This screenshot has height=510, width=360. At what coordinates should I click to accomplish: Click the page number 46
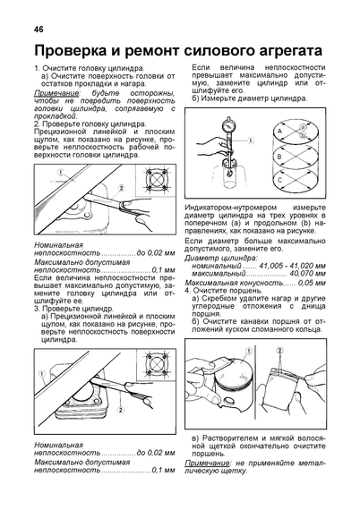tap(39, 30)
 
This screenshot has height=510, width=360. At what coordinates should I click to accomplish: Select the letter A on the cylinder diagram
tap(279, 132)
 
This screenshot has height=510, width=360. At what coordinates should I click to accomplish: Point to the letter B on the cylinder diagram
tap(279, 157)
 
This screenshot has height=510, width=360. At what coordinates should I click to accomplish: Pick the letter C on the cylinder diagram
tap(279, 180)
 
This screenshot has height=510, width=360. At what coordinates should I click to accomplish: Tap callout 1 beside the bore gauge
tap(251, 140)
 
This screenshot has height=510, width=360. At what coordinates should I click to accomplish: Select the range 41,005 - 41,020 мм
tap(292, 266)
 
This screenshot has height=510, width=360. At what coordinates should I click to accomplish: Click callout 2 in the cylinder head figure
tap(122, 188)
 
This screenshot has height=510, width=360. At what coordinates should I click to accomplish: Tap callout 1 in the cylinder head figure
tap(61, 172)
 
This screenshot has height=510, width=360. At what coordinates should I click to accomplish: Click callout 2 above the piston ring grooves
tap(279, 351)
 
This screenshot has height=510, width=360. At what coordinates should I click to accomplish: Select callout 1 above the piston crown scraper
tap(249, 351)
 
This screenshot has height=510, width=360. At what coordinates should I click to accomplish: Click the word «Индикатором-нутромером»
tap(231, 208)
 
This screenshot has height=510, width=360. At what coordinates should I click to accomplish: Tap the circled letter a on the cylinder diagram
tap(303, 127)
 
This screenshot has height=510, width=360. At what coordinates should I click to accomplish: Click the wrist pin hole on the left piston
tap(228, 402)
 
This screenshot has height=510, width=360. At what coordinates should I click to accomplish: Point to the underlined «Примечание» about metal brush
tap(207, 463)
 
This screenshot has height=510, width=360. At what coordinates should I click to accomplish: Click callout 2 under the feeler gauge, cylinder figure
tap(121, 410)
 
